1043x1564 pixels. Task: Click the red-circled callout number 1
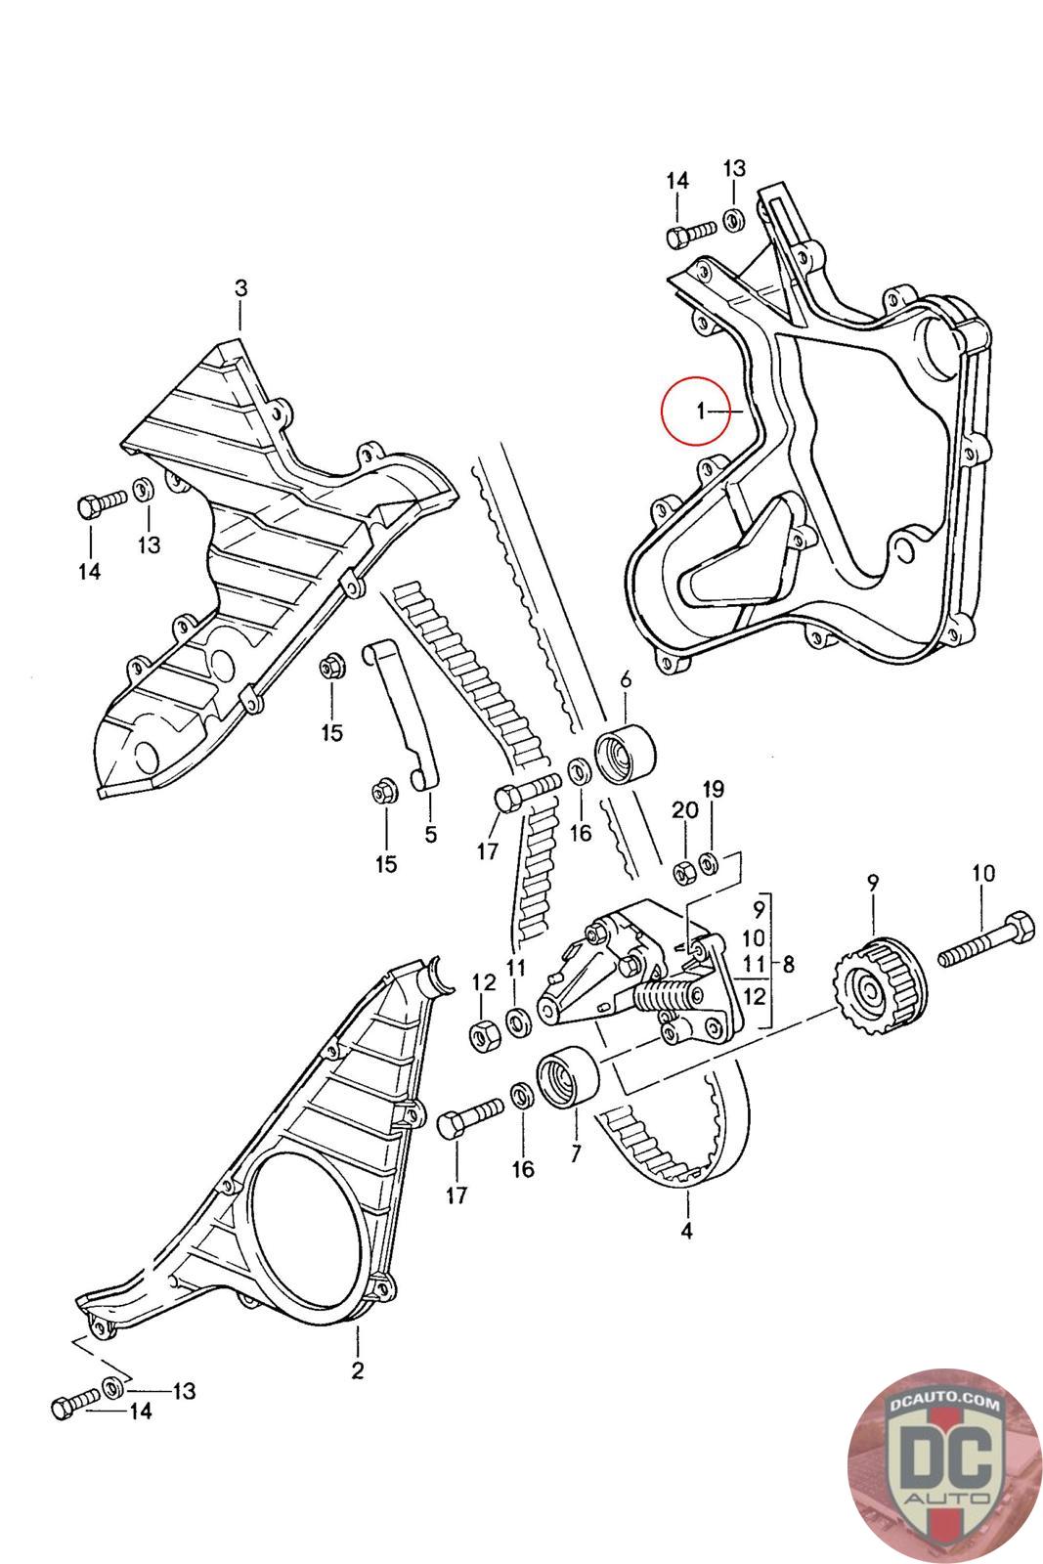(700, 412)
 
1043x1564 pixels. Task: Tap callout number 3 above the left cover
(240, 287)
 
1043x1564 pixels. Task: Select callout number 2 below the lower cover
(358, 1369)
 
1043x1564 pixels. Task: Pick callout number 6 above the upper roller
(626, 678)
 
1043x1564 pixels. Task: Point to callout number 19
(713, 790)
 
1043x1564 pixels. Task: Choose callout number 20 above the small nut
(684, 810)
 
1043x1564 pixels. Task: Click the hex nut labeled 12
(483, 1035)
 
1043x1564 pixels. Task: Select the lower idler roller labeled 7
(567, 1076)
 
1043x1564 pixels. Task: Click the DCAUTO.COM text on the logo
(944, 1403)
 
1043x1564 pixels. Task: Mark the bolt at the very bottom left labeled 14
(76, 1403)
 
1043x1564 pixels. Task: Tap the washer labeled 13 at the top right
(733, 220)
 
